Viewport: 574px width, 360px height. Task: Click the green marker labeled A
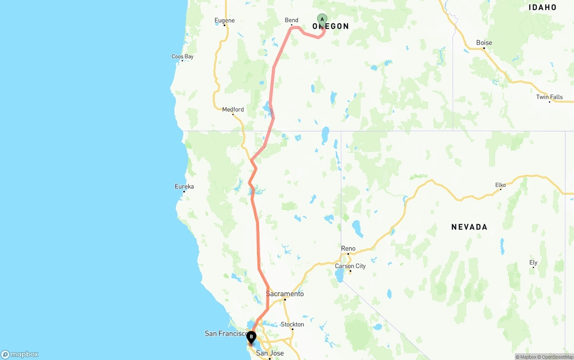322,19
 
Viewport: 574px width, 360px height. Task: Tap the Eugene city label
225,20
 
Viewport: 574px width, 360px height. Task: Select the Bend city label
291,20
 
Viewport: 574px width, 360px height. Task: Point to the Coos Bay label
183,56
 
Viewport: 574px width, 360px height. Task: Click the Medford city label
233,109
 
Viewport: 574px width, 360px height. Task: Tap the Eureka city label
184,187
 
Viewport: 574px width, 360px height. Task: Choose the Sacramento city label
285,294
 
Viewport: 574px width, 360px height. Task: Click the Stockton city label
292,325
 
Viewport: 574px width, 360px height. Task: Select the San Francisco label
226,334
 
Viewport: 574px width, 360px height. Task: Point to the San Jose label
270,353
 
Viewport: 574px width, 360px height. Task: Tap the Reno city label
348,248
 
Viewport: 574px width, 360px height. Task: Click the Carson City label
350,266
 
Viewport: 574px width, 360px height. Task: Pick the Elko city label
500,185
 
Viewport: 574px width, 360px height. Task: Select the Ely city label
533,263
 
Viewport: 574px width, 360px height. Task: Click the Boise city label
484,43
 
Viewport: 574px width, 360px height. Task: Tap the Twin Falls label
549,97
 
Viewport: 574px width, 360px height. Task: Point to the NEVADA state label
469,227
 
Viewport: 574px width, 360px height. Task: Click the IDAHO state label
543,7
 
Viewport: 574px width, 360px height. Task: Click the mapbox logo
20,355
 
